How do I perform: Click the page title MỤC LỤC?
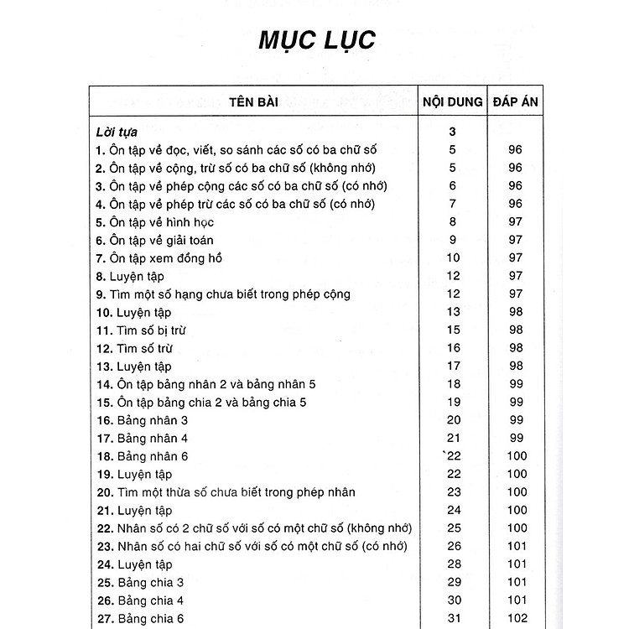coord(317,41)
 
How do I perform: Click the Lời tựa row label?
coord(117,132)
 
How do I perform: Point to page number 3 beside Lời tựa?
coord(453,132)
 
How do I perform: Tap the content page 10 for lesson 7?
coord(454,258)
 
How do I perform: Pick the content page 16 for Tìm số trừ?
coord(454,348)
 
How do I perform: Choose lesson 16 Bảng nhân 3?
coord(142,420)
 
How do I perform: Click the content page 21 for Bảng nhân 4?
coord(454,438)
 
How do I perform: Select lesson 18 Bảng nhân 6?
coord(142,456)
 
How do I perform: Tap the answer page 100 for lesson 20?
coord(517,492)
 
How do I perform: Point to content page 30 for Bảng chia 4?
coord(454,600)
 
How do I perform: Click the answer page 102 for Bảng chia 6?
coord(517,618)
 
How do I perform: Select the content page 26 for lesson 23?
coord(454,546)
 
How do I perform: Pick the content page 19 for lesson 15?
coord(454,403)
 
